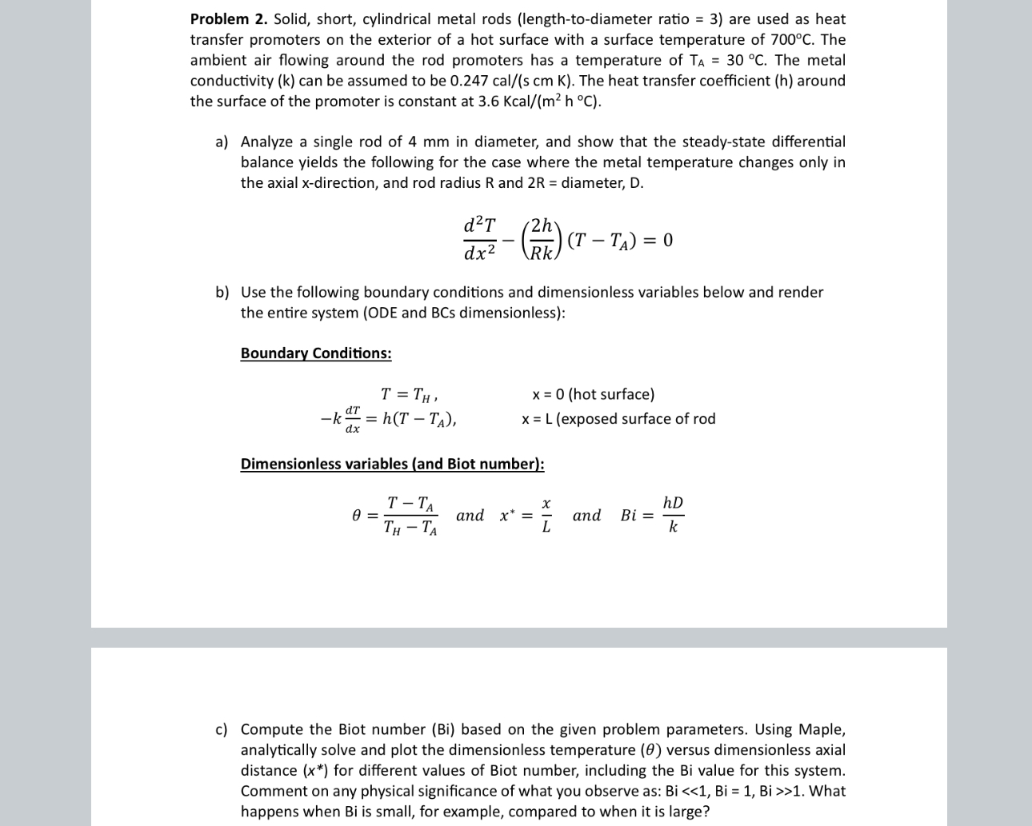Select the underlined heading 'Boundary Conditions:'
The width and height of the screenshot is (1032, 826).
tap(316, 353)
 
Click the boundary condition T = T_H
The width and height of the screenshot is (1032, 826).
tap(408, 394)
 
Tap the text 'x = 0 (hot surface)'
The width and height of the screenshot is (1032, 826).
tap(593, 394)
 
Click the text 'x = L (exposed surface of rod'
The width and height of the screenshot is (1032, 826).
tap(618, 419)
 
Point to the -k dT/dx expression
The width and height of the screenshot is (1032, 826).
tap(339, 419)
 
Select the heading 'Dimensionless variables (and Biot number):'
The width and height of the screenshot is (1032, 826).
tap(392, 464)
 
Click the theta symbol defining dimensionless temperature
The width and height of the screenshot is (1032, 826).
tap(357, 516)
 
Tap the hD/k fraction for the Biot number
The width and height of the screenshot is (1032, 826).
tap(673, 515)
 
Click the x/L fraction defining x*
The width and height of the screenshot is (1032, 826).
tap(546, 516)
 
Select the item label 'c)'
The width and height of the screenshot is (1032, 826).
tap(222, 729)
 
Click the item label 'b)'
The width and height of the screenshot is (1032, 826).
tap(222, 293)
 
